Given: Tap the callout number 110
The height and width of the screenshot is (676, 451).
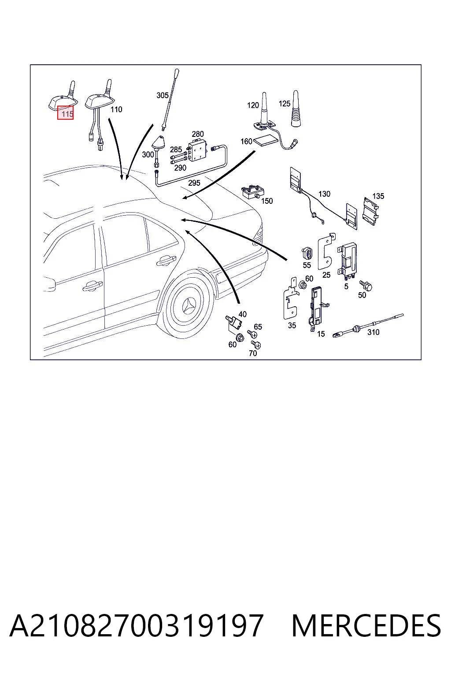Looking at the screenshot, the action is pos(116,109).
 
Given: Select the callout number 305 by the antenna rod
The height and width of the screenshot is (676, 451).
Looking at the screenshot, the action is pos(162,96).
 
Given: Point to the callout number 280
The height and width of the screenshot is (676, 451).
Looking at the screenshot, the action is pos(198,134).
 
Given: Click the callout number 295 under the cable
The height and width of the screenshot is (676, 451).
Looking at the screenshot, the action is pos(194,183).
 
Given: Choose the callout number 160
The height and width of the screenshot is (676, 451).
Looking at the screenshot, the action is pos(246,141).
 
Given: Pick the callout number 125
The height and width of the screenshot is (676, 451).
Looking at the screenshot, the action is pos(284,103).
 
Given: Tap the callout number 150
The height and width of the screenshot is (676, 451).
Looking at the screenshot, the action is pos(267,201).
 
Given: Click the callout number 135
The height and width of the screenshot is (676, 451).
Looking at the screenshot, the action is pos(378,196).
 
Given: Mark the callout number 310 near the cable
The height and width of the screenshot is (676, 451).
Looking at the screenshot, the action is pos(373,332).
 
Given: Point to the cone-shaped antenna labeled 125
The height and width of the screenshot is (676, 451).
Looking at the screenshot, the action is pos(296,109).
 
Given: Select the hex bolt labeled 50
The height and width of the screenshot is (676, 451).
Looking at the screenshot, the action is pos(366,285).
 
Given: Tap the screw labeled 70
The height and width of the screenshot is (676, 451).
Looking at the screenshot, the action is pos(256,345).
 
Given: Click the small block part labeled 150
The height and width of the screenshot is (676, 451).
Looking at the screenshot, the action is pos(253,192).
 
